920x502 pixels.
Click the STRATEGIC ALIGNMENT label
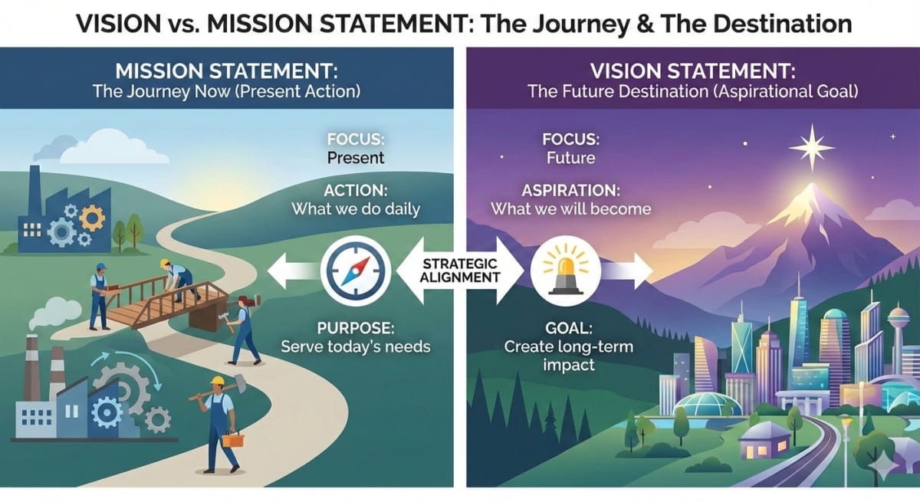[x=460, y=270]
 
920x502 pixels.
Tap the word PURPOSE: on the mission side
[x=355, y=328]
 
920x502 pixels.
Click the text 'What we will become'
[x=570, y=208]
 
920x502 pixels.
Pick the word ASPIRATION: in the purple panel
[x=570, y=189]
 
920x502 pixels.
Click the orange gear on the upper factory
[x=91, y=218]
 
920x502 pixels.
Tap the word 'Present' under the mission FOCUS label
[x=355, y=159]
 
